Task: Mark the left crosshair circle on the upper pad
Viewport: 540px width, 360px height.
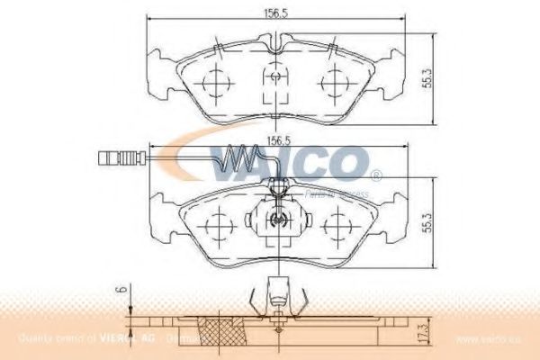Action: (x=215, y=82)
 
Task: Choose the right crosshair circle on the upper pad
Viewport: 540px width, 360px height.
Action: (x=338, y=82)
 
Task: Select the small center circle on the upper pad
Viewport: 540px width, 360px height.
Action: (x=277, y=77)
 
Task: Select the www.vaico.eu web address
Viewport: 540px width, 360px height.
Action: (x=490, y=339)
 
